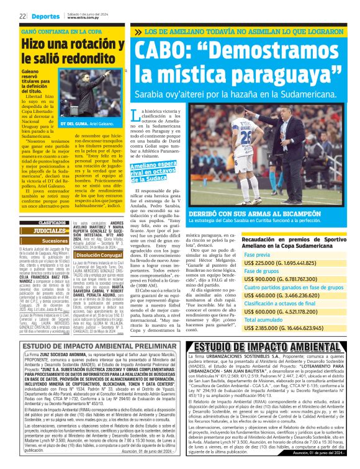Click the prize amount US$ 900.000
[x=261, y=279]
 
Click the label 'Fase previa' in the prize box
[x=256, y=254]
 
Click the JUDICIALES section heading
[x=50, y=230]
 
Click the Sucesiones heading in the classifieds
[x=55, y=241]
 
